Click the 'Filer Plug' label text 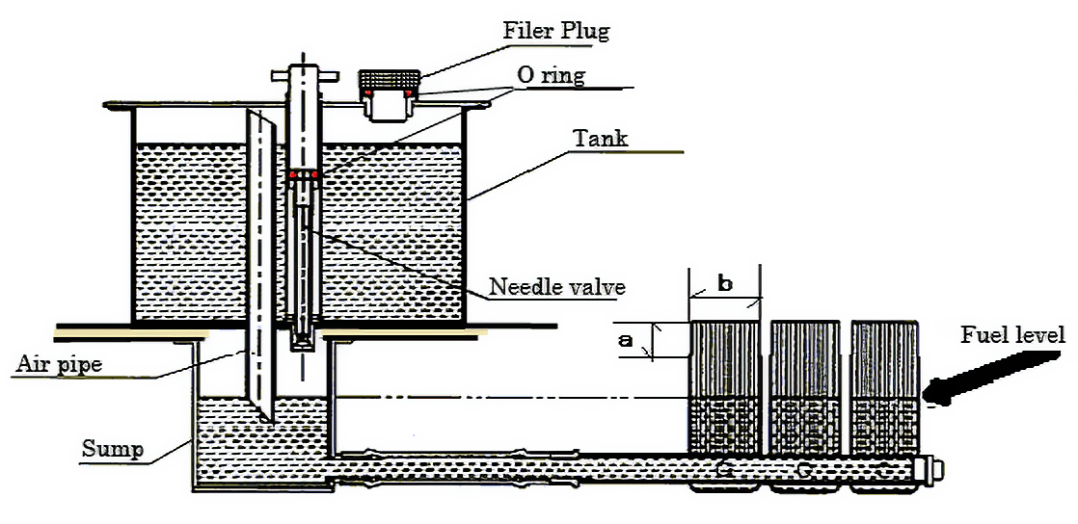click(556, 30)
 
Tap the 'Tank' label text click(601, 138)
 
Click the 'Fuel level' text click(1012, 335)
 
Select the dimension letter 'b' click(725, 284)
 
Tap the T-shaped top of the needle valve click(302, 74)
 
